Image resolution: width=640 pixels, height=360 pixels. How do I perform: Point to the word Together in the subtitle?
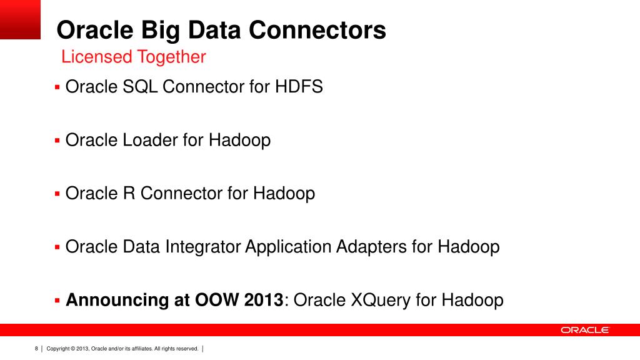171,57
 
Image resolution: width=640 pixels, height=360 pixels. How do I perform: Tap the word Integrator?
203,247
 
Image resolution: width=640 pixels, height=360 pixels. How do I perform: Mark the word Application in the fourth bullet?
288,247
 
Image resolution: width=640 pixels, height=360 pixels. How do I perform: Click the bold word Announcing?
116,300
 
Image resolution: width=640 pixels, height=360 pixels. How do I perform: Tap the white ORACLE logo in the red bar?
584,330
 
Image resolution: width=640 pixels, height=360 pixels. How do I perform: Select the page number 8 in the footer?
36,348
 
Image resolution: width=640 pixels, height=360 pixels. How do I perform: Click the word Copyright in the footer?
57,348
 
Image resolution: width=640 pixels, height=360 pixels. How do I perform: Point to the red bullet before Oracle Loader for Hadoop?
57,139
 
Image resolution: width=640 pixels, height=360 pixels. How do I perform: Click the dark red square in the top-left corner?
20,19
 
